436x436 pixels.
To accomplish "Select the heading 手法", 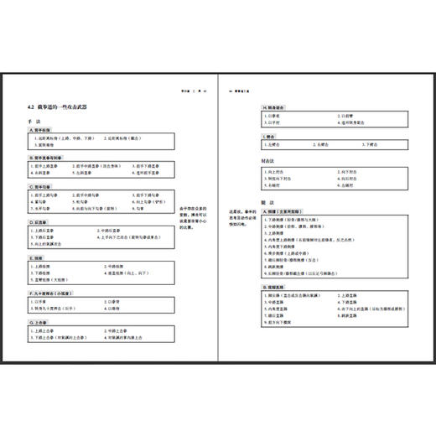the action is (x=34, y=122).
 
